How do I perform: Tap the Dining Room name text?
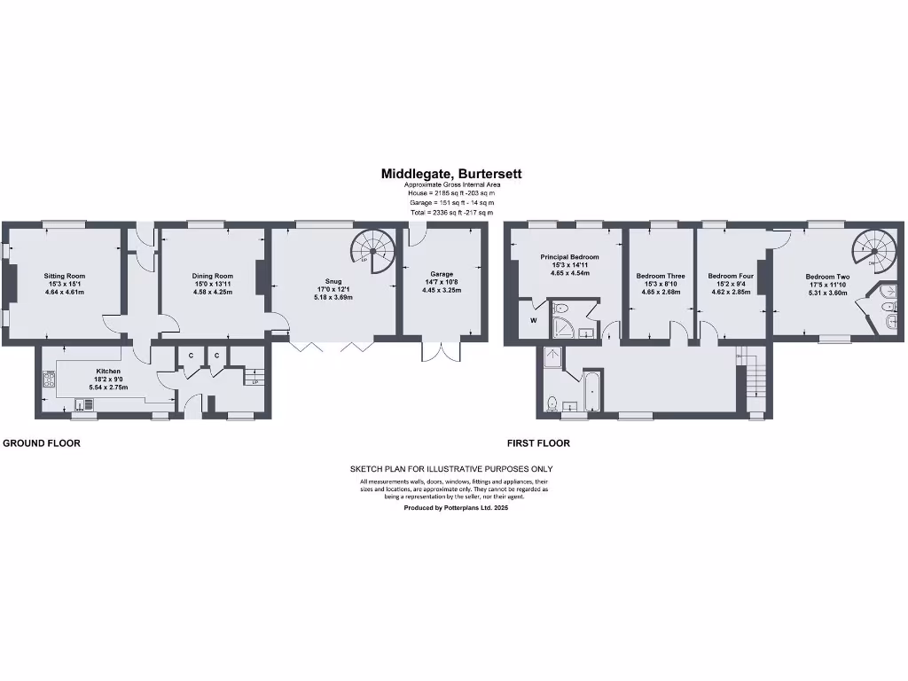(212, 276)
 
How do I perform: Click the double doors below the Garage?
(442, 349)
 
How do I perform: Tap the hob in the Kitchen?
(48, 382)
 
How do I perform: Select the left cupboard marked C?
(190, 356)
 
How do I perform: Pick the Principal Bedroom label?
(569, 257)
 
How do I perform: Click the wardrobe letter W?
(534, 320)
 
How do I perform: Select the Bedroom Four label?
(732, 276)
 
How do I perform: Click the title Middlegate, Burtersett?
(451, 175)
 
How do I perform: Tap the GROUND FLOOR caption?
(42, 442)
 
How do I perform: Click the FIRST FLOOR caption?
(538, 442)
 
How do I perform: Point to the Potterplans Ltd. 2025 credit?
(456, 508)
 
